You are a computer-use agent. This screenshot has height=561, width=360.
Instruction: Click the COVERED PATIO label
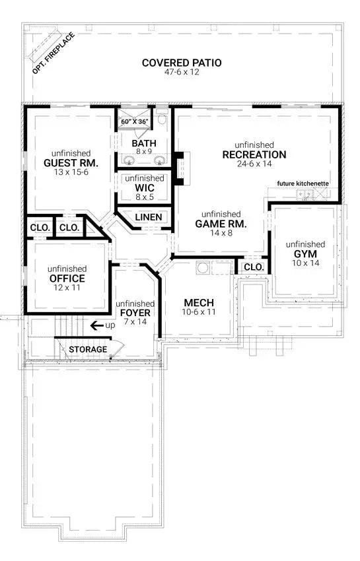pyautogui.click(x=182, y=63)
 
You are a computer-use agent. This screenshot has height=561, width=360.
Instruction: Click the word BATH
pyautogui.click(x=144, y=143)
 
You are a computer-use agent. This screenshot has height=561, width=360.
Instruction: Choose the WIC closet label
pyautogui.click(x=144, y=187)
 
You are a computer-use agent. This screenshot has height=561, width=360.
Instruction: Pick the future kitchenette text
pyautogui.click(x=303, y=183)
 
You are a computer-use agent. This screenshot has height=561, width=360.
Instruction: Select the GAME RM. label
pyautogui.click(x=221, y=224)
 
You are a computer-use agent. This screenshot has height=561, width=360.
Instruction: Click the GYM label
pyautogui.click(x=305, y=253)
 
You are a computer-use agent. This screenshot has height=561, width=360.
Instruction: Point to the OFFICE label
pyautogui.click(x=67, y=279)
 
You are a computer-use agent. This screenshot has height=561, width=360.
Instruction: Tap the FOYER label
pyautogui.click(x=136, y=312)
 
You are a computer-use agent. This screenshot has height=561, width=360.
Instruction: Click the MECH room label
pyautogui.click(x=198, y=303)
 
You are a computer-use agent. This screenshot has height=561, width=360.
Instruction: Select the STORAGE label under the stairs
pyautogui.click(x=89, y=349)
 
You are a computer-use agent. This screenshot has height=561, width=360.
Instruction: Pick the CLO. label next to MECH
pyautogui.click(x=254, y=267)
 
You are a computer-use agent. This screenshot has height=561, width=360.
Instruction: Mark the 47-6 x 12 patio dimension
pyautogui.click(x=182, y=73)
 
